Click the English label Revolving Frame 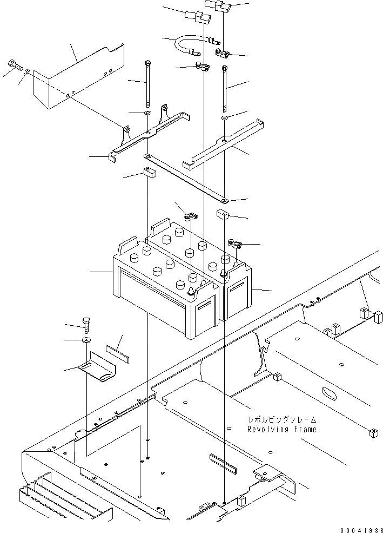click(x=281, y=429)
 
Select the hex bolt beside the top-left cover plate click(x=14, y=68)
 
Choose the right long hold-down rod click(x=224, y=89)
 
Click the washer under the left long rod click(x=147, y=114)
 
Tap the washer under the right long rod click(x=225, y=117)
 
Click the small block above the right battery click(x=223, y=215)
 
